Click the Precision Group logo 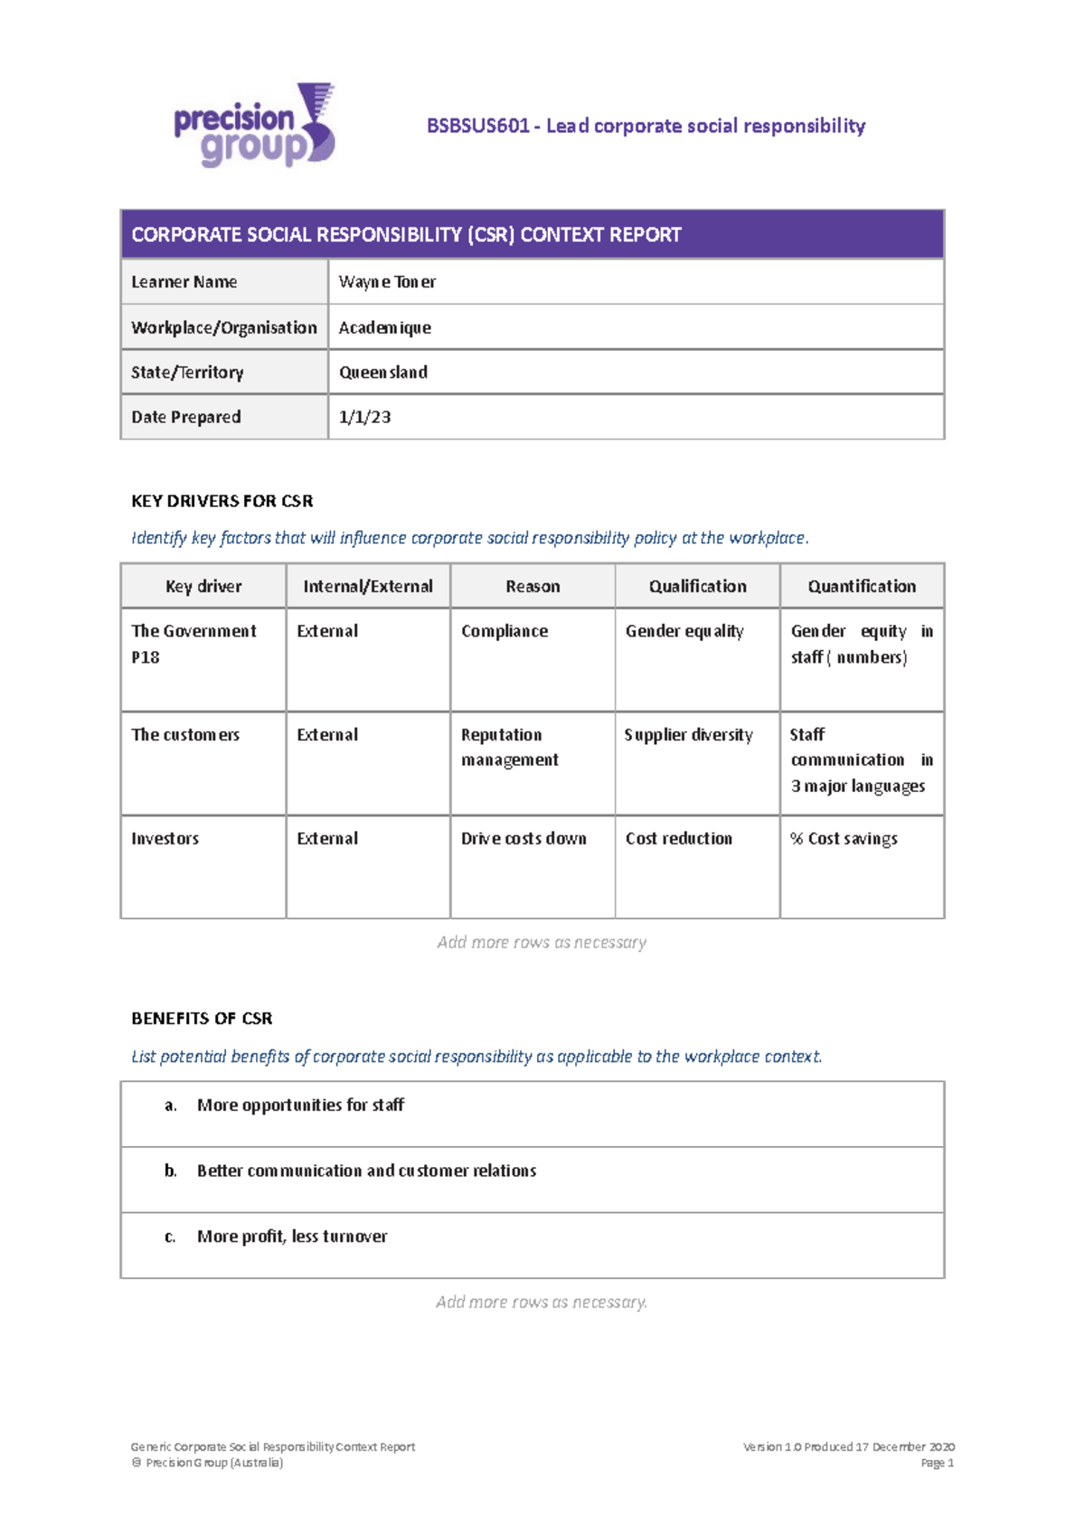[x=254, y=127]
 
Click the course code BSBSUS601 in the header [x=478, y=126]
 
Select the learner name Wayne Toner [x=387, y=282]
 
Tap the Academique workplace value [x=384, y=327]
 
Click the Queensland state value [x=382, y=372]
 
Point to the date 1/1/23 [x=364, y=417]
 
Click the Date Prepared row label [x=186, y=417]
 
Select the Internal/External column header [x=368, y=586]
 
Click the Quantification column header [x=861, y=586]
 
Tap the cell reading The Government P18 [x=193, y=644]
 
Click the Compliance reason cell [x=505, y=631]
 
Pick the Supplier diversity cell [x=688, y=735]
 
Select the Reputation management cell [x=509, y=748]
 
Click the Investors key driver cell [x=165, y=838]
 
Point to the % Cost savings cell [x=844, y=838]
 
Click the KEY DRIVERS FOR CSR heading [x=222, y=501]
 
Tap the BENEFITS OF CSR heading [x=202, y=1018]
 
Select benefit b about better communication [x=366, y=1171]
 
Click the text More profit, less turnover [x=292, y=1236]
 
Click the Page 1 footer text [x=937, y=1463]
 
